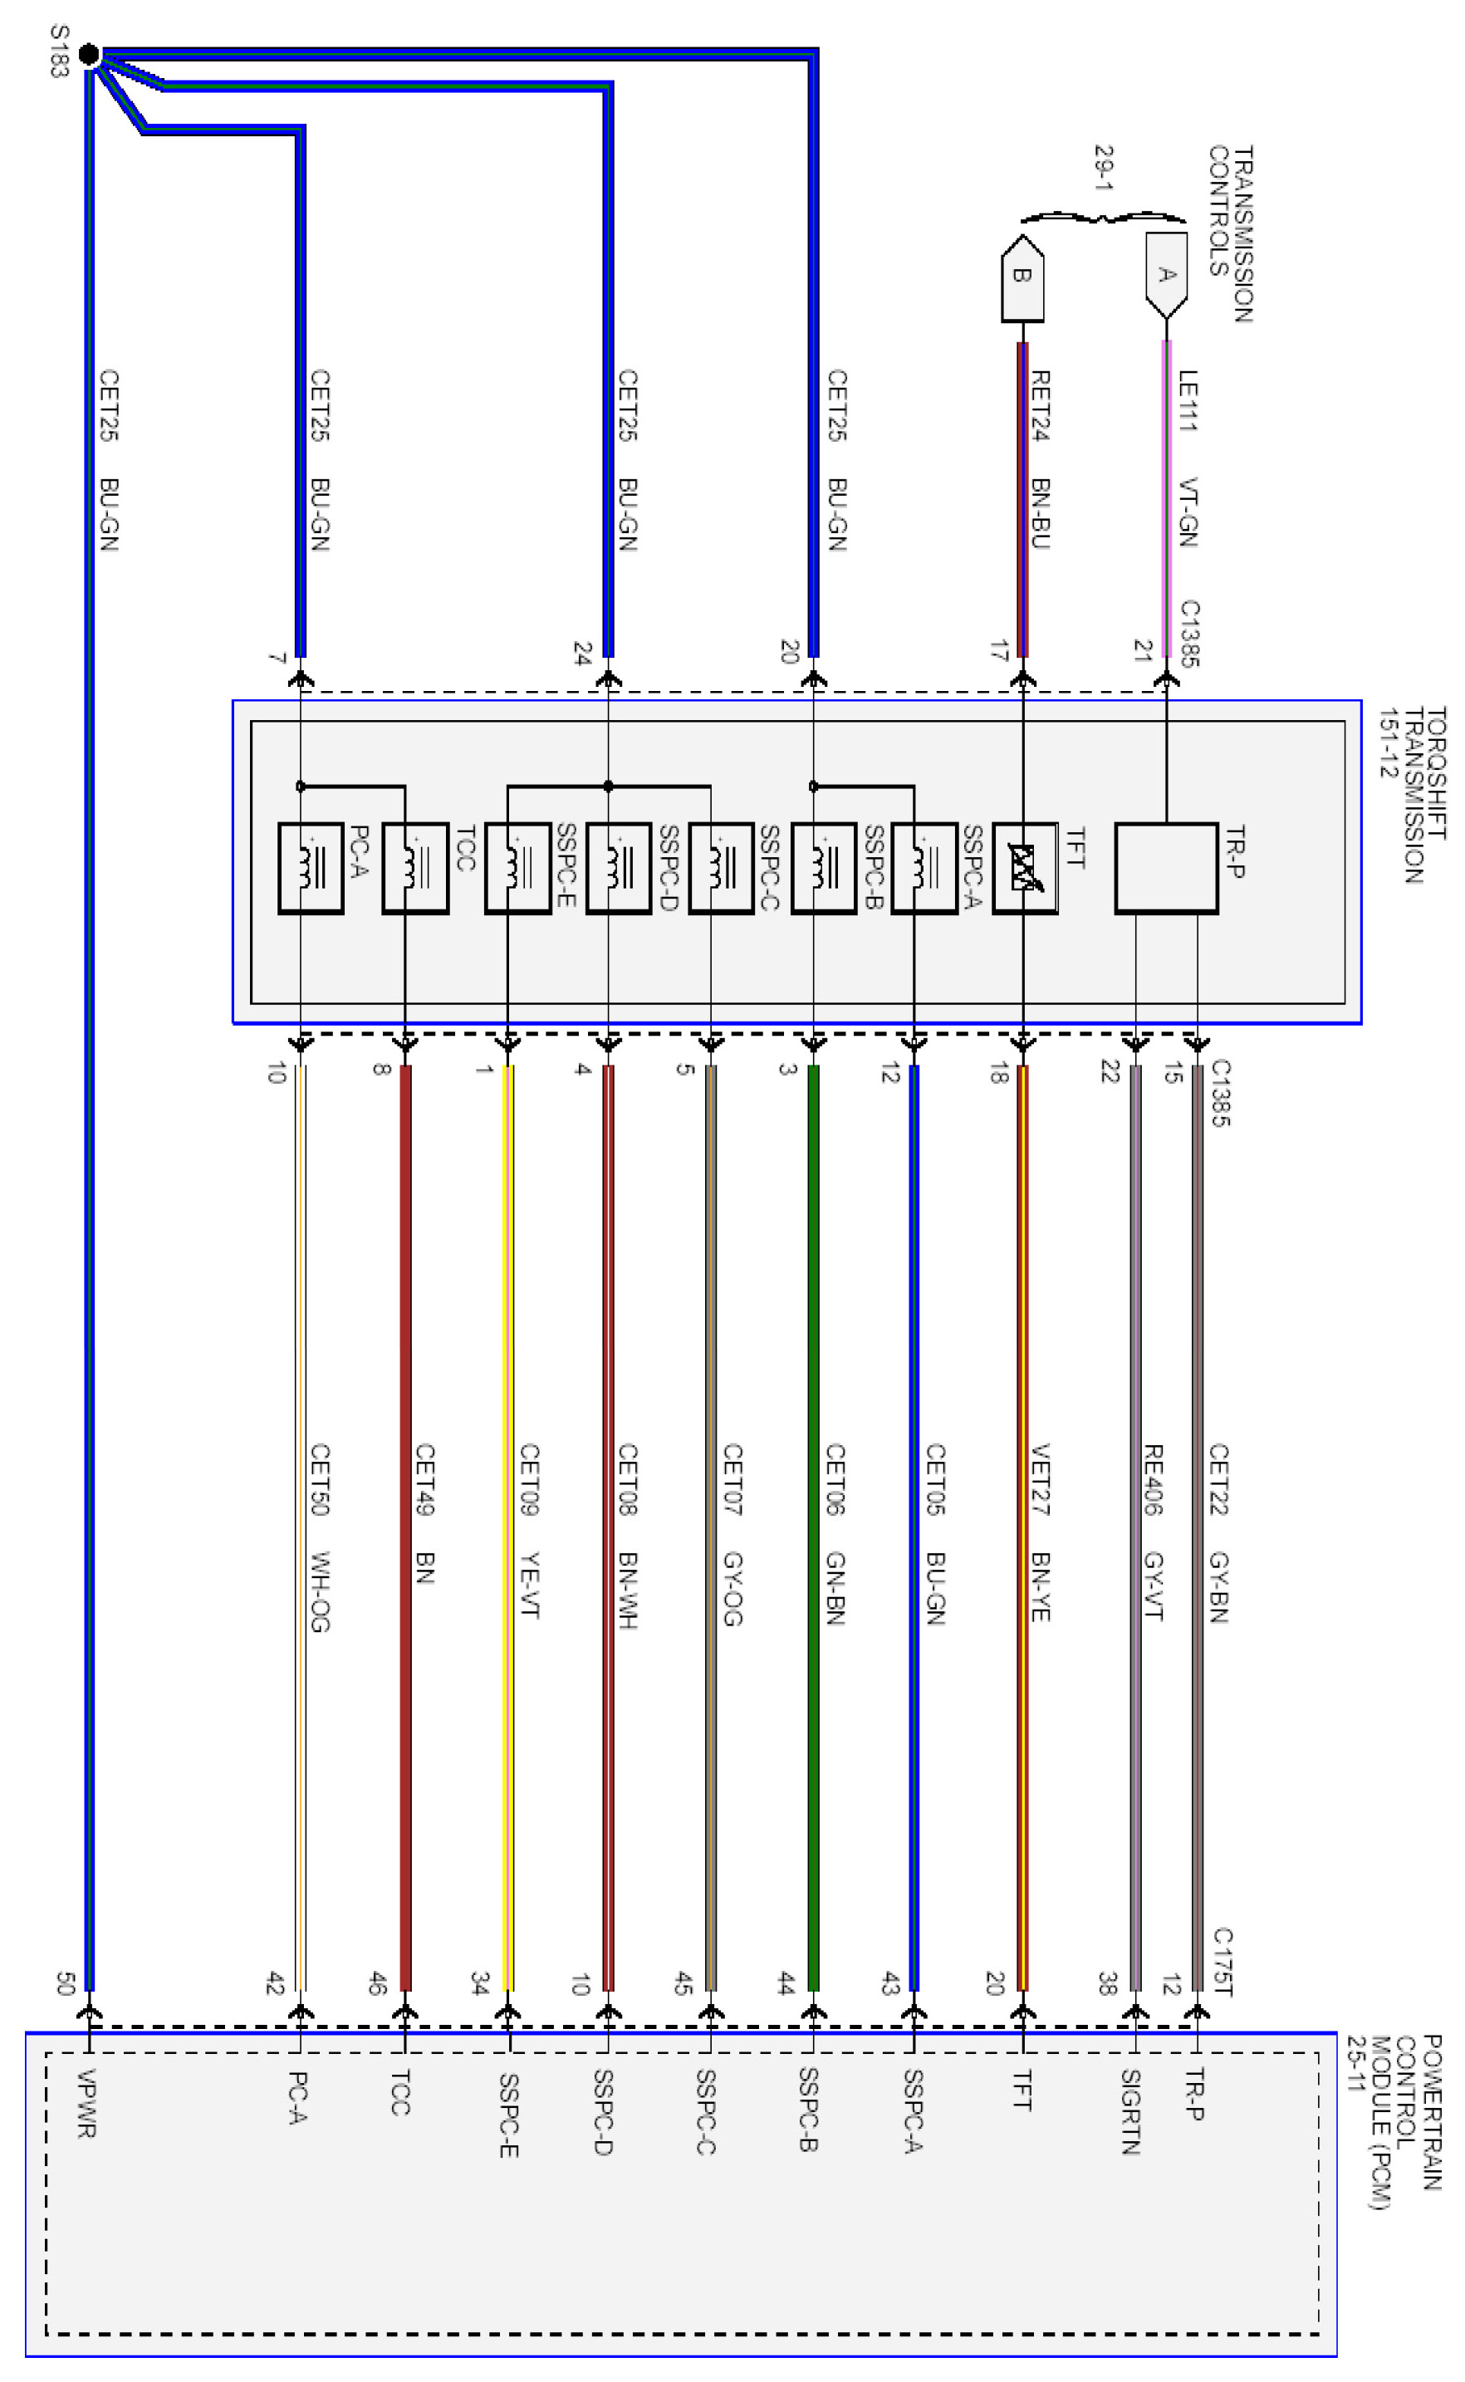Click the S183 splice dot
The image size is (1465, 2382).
click(x=88, y=54)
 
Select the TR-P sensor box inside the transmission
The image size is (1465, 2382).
click(x=1166, y=868)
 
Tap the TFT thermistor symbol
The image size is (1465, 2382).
click(x=1024, y=868)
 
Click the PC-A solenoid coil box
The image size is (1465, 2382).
click(x=310, y=868)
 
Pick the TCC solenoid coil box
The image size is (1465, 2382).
click(x=414, y=868)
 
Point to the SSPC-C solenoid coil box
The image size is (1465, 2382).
click(x=721, y=868)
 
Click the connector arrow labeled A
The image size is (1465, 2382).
click(x=1166, y=275)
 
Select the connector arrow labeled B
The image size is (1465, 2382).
click(x=1022, y=277)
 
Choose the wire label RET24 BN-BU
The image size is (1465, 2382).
click(x=1040, y=459)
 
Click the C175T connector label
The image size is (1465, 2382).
click(x=1222, y=1962)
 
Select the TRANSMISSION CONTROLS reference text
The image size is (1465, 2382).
click(x=1231, y=233)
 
